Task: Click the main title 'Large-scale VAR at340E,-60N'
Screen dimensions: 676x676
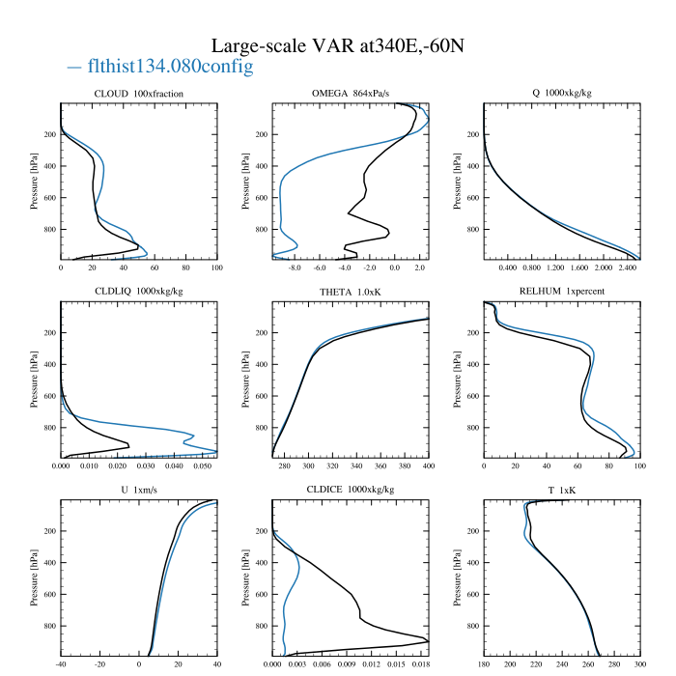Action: click(x=338, y=45)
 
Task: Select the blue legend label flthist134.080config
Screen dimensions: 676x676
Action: click(x=170, y=66)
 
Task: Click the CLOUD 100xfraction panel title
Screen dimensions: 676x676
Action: click(x=139, y=94)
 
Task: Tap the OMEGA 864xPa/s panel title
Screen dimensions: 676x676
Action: click(x=351, y=93)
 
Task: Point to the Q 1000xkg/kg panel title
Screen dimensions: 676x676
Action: click(x=562, y=93)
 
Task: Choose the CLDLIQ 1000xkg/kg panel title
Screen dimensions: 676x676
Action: click(x=139, y=292)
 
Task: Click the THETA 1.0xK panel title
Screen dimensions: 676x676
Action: click(x=351, y=292)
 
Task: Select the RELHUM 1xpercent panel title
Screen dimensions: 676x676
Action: click(x=562, y=291)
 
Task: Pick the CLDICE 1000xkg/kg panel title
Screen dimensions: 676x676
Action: click(x=351, y=490)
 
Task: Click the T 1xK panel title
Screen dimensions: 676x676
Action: click(x=562, y=491)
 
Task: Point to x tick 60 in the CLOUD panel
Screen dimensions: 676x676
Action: click(x=155, y=268)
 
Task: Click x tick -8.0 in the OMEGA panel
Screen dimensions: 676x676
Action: click(x=295, y=268)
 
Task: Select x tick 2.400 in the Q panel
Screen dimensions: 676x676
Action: click(x=628, y=268)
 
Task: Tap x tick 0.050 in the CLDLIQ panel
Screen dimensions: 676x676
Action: click(x=203, y=466)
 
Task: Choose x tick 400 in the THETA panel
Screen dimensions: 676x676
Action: click(x=429, y=466)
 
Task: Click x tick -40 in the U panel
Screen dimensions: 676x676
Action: click(x=61, y=664)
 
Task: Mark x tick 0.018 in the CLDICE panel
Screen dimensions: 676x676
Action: click(x=421, y=664)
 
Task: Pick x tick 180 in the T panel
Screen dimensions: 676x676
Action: click(x=484, y=664)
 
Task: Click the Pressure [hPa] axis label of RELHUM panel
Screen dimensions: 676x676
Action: click(x=457, y=380)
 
